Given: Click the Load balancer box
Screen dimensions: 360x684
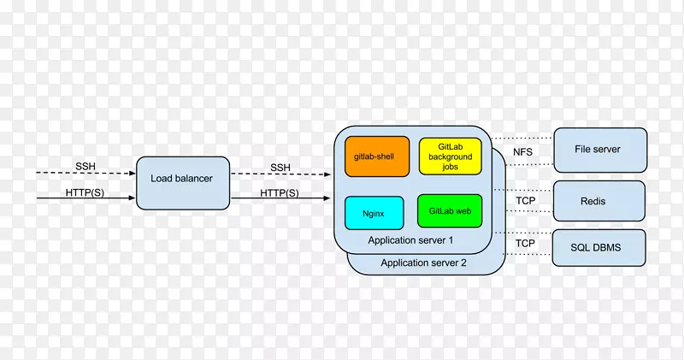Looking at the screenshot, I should point(182,179).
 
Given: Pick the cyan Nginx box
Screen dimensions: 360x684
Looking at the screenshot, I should point(374,212).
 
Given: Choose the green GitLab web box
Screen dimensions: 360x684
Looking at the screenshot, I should point(450,210).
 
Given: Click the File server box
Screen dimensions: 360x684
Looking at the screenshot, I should point(598,150).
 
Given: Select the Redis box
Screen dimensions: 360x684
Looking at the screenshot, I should point(598,202).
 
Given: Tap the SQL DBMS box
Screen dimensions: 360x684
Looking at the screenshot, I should point(598,248).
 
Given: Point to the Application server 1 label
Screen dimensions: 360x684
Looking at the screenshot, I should point(410,240).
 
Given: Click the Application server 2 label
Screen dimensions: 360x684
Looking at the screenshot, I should point(423,263).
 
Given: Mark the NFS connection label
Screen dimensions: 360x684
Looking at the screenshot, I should point(523,152).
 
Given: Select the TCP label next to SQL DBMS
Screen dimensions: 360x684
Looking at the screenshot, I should point(524,244).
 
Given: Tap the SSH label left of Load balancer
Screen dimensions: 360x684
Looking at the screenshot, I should point(85,165).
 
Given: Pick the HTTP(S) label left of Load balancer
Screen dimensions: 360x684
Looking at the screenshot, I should point(85,192).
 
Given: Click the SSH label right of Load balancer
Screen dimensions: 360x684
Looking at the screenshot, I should point(280,167).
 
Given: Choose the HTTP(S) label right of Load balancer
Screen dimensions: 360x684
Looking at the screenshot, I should point(280,192).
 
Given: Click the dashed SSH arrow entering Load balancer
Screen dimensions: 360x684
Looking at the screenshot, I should point(85,174).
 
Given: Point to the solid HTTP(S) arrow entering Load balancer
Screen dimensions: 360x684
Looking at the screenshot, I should point(85,200).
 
